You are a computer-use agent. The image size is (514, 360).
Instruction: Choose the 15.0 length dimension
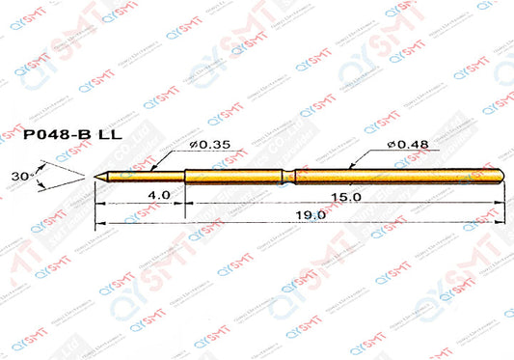click(x=347, y=195)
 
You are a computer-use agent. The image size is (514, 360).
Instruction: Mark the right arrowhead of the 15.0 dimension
click(x=500, y=203)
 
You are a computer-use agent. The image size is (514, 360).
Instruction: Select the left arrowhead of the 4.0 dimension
click(x=98, y=203)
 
